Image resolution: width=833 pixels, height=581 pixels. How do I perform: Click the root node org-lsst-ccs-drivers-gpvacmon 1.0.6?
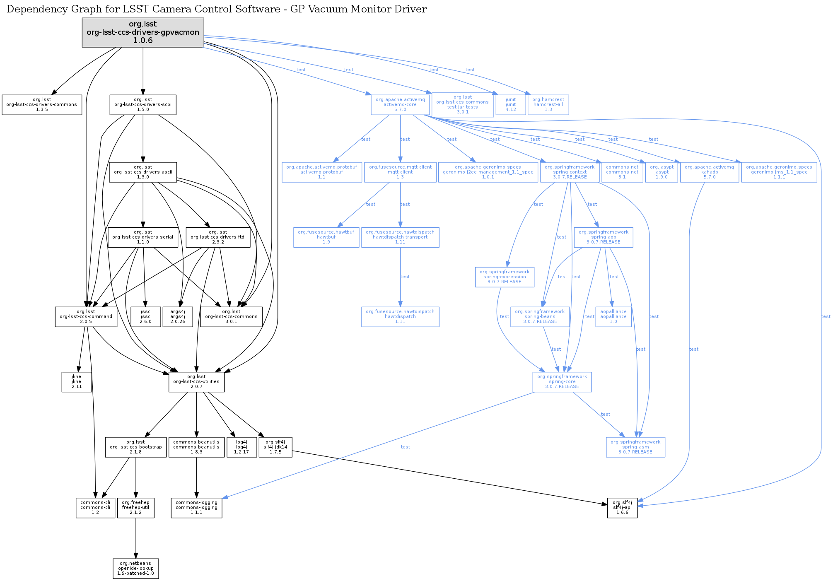click(143, 32)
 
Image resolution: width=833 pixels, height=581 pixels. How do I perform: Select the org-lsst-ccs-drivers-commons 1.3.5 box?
click(42, 105)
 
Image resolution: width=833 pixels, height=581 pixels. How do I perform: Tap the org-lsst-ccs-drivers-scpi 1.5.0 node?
click(143, 105)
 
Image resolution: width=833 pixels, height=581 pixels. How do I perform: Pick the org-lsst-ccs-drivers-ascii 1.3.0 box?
click(143, 172)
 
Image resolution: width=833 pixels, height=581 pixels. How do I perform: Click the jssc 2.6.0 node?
click(145, 317)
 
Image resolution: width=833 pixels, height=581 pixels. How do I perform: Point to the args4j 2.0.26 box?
click(178, 317)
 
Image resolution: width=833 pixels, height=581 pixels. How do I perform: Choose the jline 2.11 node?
click(77, 382)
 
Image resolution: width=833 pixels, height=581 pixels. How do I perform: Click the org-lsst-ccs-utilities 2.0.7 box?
click(196, 382)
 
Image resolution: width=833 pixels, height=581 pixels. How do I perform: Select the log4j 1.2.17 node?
click(241, 447)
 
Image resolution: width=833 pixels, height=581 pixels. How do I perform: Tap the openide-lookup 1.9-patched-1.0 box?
click(136, 569)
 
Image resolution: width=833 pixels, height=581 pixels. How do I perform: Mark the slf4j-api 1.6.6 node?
click(622, 508)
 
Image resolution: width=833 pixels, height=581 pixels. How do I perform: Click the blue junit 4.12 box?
click(511, 105)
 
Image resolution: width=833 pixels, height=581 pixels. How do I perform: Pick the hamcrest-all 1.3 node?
click(548, 105)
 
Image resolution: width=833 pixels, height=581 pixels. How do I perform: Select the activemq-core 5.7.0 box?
click(400, 105)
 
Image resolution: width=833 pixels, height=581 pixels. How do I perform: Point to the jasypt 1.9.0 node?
click(662, 172)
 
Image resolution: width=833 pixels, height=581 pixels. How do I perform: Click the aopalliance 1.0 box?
click(613, 317)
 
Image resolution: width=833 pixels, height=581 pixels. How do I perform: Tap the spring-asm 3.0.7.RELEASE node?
click(635, 447)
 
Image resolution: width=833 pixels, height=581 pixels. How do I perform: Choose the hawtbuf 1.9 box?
click(326, 237)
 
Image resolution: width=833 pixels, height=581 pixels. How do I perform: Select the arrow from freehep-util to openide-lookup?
click(136, 538)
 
